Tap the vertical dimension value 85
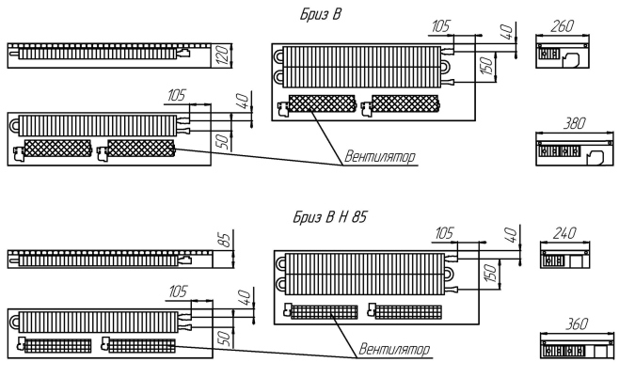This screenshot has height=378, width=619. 224,243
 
